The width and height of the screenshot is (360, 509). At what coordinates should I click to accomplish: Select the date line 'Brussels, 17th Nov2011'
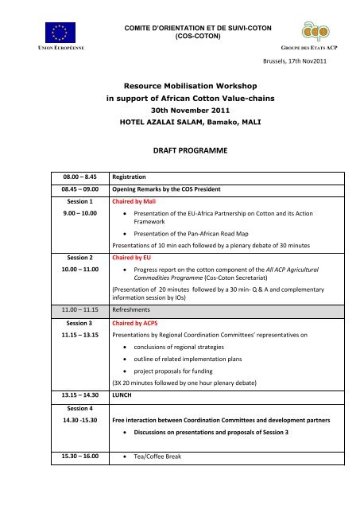point(305,60)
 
